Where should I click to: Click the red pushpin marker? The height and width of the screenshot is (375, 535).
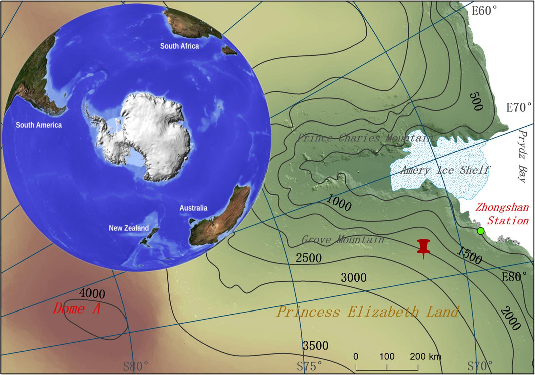424,247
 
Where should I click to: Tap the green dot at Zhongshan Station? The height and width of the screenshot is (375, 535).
480,231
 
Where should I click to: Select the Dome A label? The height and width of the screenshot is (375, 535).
77,309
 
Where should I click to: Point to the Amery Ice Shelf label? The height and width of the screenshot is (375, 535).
445,170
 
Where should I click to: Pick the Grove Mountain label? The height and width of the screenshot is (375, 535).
343,239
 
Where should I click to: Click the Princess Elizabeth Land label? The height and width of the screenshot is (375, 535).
368,312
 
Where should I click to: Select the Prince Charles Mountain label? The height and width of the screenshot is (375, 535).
365,138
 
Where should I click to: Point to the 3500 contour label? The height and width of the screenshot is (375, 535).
316,346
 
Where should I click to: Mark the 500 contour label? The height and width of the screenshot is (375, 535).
476,101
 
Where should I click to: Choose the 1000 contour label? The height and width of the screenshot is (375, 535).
339,203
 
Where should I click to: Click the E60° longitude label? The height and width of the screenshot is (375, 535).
484,11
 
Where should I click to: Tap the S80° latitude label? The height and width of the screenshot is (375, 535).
136,366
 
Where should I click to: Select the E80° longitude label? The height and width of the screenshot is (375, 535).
514,276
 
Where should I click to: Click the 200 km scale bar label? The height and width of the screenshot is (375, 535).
425,356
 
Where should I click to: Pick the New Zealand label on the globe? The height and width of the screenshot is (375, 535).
129,228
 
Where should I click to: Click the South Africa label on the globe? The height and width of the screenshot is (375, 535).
179,46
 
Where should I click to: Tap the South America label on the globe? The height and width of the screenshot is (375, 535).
39,125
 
